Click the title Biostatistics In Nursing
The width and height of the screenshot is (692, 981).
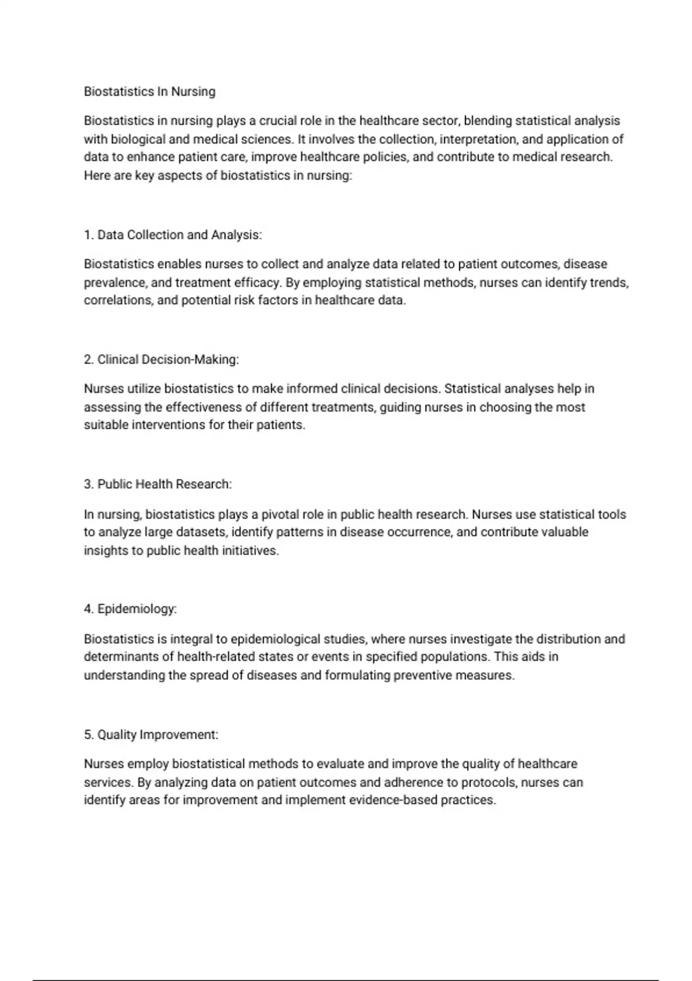(x=149, y=92)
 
